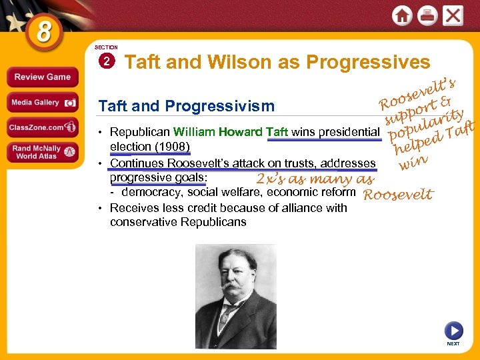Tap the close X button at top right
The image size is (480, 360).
453,16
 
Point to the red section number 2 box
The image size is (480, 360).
105,62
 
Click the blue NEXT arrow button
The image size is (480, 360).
453,331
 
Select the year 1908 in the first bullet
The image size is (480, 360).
175,147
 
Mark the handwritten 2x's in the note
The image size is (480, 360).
271,179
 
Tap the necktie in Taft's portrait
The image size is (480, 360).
228,313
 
